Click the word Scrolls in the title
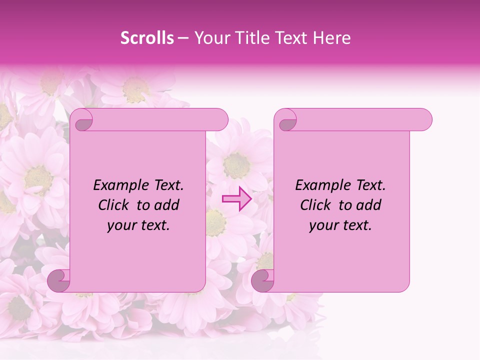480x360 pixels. [x=147, y=38]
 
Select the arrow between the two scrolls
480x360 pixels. [x=236, y=199]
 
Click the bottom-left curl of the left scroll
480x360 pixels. [x=59, y=280]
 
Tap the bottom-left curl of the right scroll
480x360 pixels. [x=262, y=280]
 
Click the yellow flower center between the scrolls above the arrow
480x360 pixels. [x=236, y=165]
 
